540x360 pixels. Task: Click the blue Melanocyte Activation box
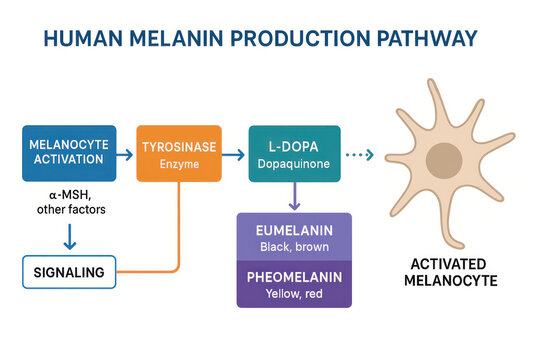pyautogui.click(x=66, y=153)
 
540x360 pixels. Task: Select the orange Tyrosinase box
pyautogui.click(x=178, y=153)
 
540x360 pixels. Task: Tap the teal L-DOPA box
pyautogui.click(x=294, y=153)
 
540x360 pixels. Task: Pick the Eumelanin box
pyautogui.click(x=294, y=236)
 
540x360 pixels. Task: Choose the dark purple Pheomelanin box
pyautogui.click(x=294, y=284)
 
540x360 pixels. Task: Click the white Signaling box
pyautogui.click(x=68, y=272)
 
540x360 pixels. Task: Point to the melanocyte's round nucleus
pyautogui.click(x=444, y=161)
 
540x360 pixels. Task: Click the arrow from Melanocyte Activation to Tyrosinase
pyautogui.click(x=123, y=155)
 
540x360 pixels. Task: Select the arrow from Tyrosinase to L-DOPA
pyautogui.click(x=234, y=155)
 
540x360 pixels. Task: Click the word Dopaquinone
pyautogui.click(x=294, y=162)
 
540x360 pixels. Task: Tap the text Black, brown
pyautogui.click(x=294, y=246)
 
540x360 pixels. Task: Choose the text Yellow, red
pyautogui.click(x=294, y=294)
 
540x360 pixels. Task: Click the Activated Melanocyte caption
pyautogui.click(x=441, y=272)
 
